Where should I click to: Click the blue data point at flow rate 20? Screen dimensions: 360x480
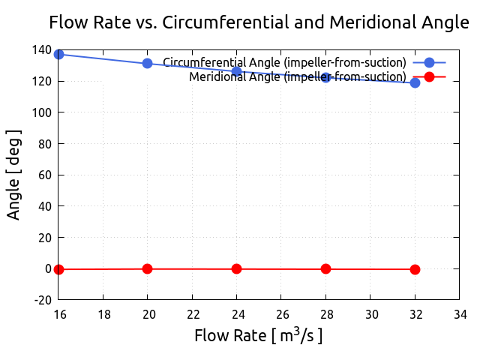[148, 63]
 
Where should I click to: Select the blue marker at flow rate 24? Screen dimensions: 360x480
[237, 72]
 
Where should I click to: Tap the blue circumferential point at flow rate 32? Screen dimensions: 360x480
[415, 82]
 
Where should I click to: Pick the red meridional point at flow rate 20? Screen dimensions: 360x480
[148, 268]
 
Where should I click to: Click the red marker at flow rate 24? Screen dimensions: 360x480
[237, 268]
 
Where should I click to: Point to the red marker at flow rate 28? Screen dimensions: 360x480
[325, 268]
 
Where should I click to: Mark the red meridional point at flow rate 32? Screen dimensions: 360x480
[415, 269]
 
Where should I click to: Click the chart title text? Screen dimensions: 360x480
[259, 22]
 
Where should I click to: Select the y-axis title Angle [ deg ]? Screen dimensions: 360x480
[14, 174]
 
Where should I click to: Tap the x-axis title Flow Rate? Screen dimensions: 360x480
[259, 335]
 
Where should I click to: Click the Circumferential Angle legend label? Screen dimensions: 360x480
[285, 62]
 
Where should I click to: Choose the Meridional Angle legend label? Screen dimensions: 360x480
[298, 76]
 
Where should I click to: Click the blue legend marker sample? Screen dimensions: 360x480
[429, 62]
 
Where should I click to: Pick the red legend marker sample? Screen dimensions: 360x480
[429, 76]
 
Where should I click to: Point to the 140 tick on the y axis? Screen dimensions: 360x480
[41, 50]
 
